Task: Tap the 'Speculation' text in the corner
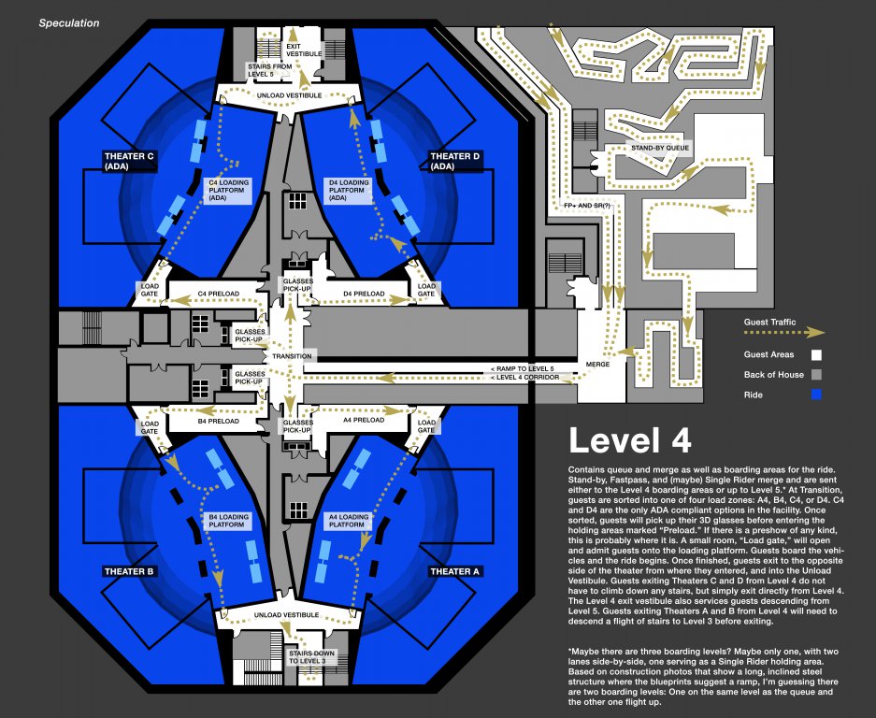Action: (69, 23)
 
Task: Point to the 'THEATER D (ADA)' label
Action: (454, 161)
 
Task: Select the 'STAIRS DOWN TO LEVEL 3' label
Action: (307, 655)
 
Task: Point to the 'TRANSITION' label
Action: (292, 356)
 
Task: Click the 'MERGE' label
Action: (596, 363)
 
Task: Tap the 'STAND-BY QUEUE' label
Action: (659, 148)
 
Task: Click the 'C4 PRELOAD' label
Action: (218, 294)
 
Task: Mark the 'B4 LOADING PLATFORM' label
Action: (227, 521)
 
